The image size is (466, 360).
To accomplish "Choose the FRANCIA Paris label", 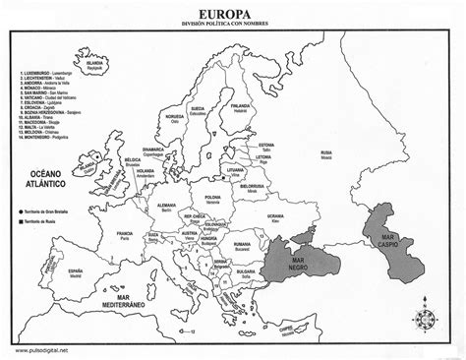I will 125,234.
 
